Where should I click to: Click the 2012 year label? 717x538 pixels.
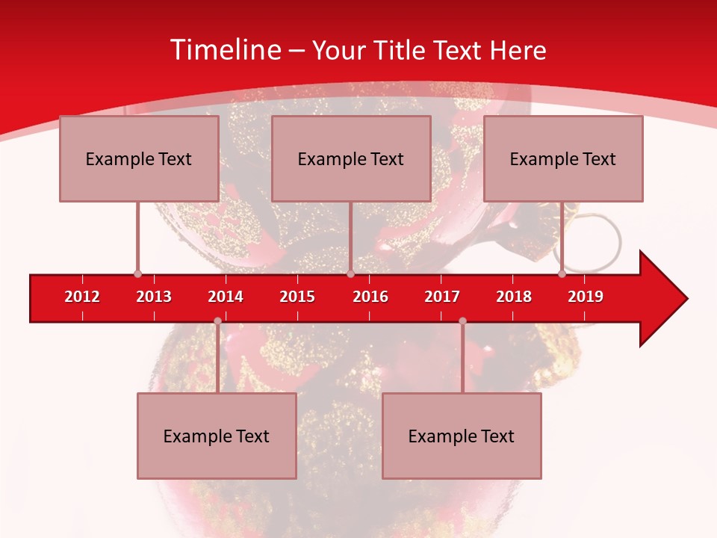click(x=82, y=297)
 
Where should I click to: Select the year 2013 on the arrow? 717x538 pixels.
click(x=154, y=297)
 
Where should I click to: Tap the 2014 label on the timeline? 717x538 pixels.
click(x=226, y=297)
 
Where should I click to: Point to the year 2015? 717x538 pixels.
click(x=297, y=297)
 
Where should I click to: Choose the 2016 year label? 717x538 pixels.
click(x=370, y=297)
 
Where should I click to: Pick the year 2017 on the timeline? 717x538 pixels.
click(x=442, y=297)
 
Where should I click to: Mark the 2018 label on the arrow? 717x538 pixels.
click(x=514, y=297)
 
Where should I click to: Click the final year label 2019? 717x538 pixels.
click(x=586, y=297)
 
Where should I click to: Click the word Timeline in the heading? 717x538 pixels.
click(x=225, y=50)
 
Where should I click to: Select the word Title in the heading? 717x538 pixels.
click(x=401, y=50)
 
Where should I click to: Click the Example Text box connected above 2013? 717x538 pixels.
click(x=139, y=158)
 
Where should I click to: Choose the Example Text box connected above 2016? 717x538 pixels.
click(x=351, y=158)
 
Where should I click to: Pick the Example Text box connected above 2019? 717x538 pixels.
click(x=563, y=158)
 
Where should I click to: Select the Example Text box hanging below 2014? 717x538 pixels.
click(x=217, y=436)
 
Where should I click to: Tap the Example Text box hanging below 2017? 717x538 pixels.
click(x=462, y=436)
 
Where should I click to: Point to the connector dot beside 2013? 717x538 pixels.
click(x=138, y=274)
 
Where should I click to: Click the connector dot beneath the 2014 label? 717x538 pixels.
click(x=217, y=321)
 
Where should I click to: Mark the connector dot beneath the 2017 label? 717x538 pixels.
click(x=462, y=321)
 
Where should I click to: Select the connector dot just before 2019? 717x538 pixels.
click(x=562, y=274)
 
